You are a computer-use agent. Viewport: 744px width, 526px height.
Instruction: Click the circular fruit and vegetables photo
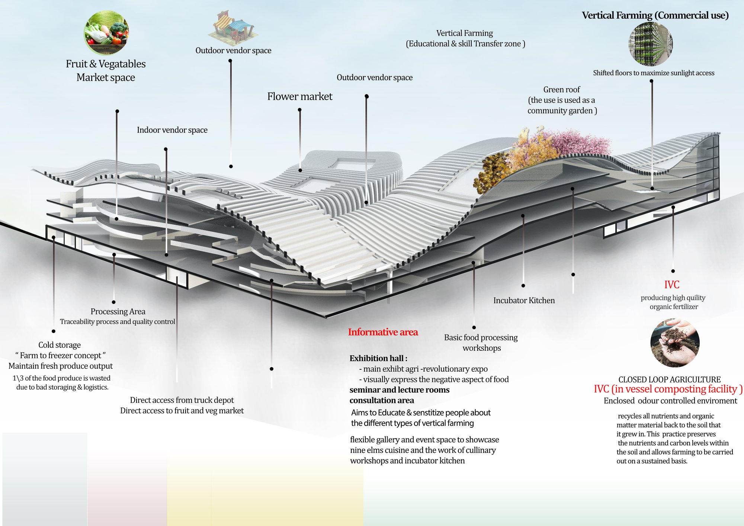(106, 33)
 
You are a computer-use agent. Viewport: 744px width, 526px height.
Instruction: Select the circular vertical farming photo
(651, 44)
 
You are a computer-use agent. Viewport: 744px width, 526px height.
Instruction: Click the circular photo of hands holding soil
(675, 343)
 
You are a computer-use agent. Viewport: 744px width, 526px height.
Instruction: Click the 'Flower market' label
(300, 97)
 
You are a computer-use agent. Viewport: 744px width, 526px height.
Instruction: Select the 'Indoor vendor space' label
(172, 130)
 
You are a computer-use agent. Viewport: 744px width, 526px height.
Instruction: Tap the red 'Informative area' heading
(383, 332)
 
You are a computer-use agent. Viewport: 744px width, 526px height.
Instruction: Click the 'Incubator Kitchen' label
(524, 301)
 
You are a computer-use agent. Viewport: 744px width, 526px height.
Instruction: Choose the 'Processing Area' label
(118, 312)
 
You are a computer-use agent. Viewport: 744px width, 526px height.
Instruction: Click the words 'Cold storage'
(60, 345)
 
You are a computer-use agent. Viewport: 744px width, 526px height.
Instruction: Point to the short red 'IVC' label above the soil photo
(672, 285)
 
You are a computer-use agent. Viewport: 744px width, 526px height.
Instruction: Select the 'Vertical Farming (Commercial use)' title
(655, 16)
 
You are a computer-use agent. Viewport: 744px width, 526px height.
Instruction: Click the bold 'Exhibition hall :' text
(378, 359)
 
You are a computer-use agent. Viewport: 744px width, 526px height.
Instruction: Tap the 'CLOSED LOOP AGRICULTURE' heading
(670, 380)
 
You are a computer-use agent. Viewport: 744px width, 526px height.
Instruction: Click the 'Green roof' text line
(561, 90)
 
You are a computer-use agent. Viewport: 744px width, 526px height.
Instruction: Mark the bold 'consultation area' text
(382, 401)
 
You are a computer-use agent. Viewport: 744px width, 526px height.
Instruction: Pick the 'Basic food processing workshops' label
(481, 343)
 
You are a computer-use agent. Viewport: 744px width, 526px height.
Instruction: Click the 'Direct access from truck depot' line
(182, 400)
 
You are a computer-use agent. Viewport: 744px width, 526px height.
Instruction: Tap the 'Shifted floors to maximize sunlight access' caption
(654, 73)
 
